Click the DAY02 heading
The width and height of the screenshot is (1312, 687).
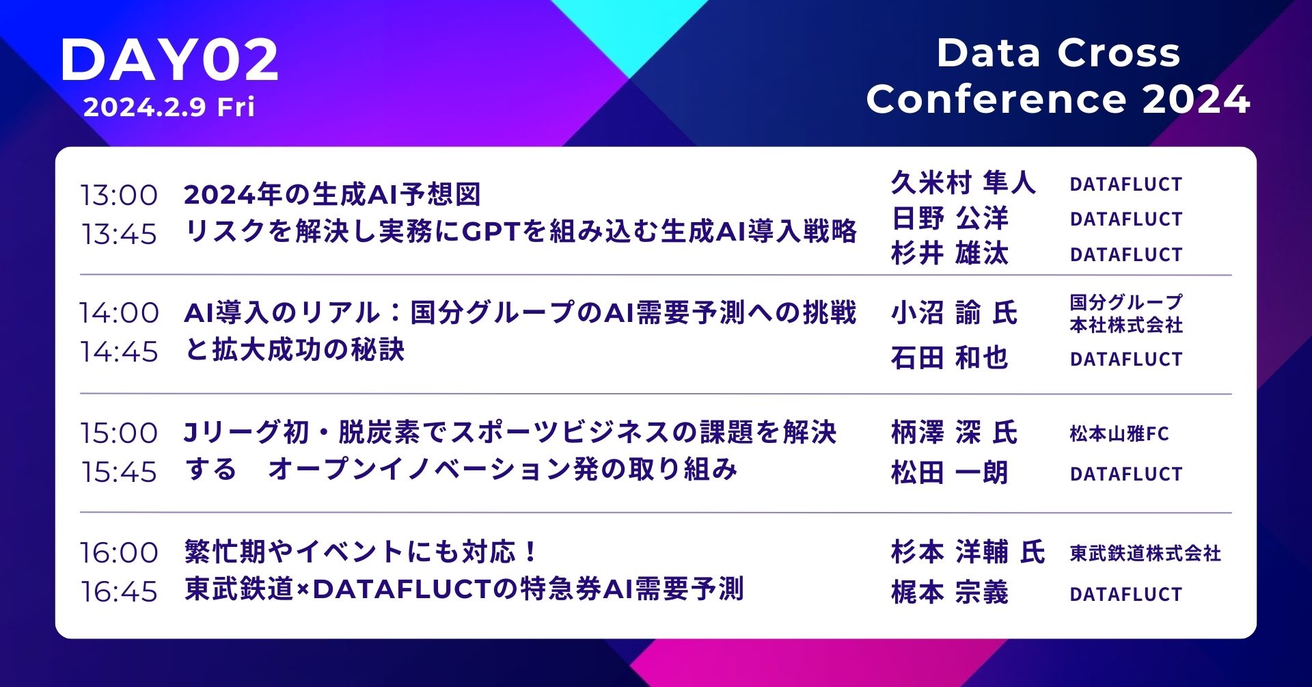(170, 60)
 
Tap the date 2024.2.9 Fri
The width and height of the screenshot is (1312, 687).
(169, 107)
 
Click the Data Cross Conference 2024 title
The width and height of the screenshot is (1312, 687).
(1058, 76)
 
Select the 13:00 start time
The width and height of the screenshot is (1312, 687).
(119, 196)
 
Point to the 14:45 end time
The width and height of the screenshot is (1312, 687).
(119, 352)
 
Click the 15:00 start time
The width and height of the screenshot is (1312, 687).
(119, 433)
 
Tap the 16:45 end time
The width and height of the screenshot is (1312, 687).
(119, 592)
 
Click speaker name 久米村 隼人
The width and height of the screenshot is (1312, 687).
(963, 183)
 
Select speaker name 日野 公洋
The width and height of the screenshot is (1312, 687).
(950, 219)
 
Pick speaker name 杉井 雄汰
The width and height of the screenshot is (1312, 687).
(950, 254)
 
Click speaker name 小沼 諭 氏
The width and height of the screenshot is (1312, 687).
(954, 313)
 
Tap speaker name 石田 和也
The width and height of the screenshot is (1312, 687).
(950, 358)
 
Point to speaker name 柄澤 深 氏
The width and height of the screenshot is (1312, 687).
(954, 433)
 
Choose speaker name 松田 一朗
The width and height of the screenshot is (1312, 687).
(950, 472)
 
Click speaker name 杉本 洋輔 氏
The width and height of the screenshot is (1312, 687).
(968, 552)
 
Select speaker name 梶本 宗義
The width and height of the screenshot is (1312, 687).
(950, 593)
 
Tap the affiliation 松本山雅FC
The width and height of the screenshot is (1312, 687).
(1119, 434)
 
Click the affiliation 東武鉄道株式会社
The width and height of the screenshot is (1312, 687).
(1145, 553)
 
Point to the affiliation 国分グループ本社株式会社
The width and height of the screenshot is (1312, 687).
(1126, 313)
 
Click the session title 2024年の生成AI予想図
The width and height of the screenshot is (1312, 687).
(333, 195)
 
